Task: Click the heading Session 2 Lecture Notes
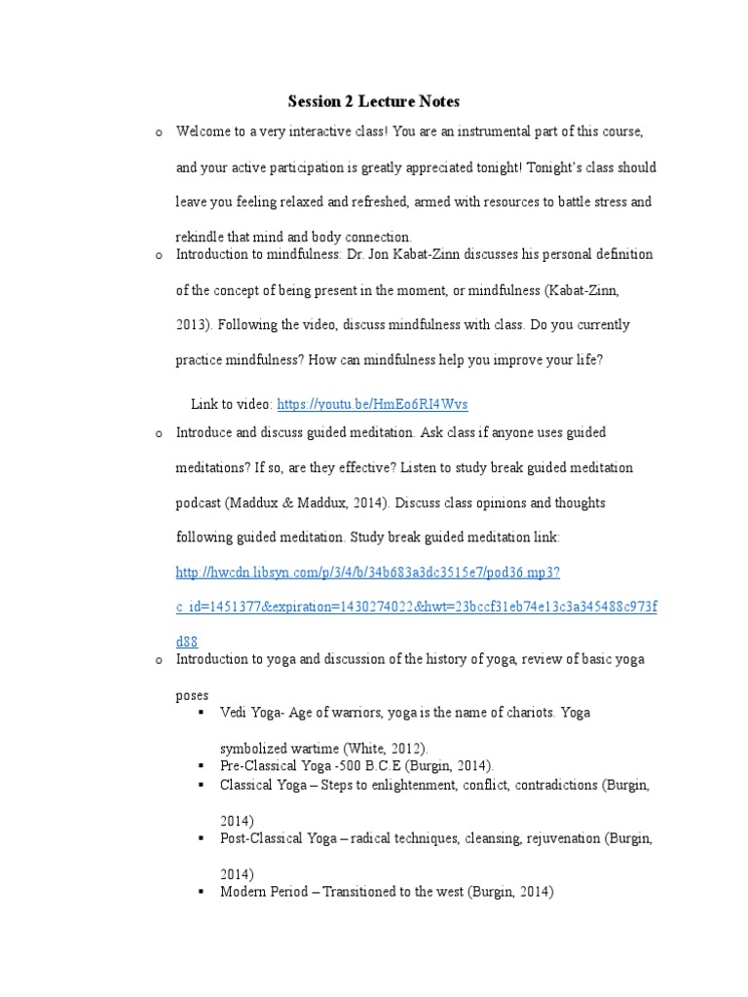pyautogui.click(x=373, y=101)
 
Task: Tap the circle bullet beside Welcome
pyautogui.click(x=157, y=130)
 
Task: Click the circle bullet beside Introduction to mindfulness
pyautogui.click(x=157, y=255)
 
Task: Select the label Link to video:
pyautogui.click(x=232, y=403)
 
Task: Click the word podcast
pyautogui.click(x=199, y=503)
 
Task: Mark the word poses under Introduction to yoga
pyautogui.click(x=192, y=696)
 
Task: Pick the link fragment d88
pyautogui.click(x=187, y=642)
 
